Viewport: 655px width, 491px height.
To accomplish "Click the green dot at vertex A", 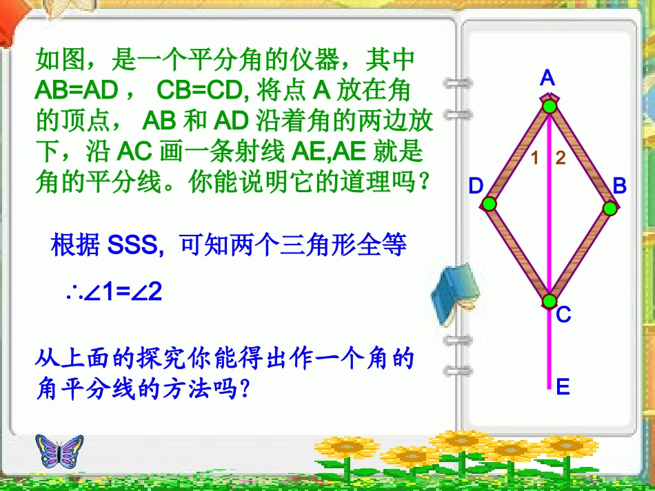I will point(549,106).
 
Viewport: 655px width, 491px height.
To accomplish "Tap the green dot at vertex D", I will point(489,204).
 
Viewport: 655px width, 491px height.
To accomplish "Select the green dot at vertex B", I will point(609,208).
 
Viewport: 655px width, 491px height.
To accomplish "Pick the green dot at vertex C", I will point(550,301).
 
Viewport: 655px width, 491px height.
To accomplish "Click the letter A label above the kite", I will point(547,79).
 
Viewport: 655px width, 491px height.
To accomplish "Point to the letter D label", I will point(476,186).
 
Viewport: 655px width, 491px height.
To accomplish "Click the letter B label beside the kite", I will point(619,185).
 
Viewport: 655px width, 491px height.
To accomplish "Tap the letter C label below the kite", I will point(563,315).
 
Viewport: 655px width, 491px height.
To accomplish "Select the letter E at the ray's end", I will point(563,388).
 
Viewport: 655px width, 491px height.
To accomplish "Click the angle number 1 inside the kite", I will point(535,158).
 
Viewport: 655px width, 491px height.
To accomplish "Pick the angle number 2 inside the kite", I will point(560,158).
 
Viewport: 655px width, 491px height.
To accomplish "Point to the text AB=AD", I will point(77,91).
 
